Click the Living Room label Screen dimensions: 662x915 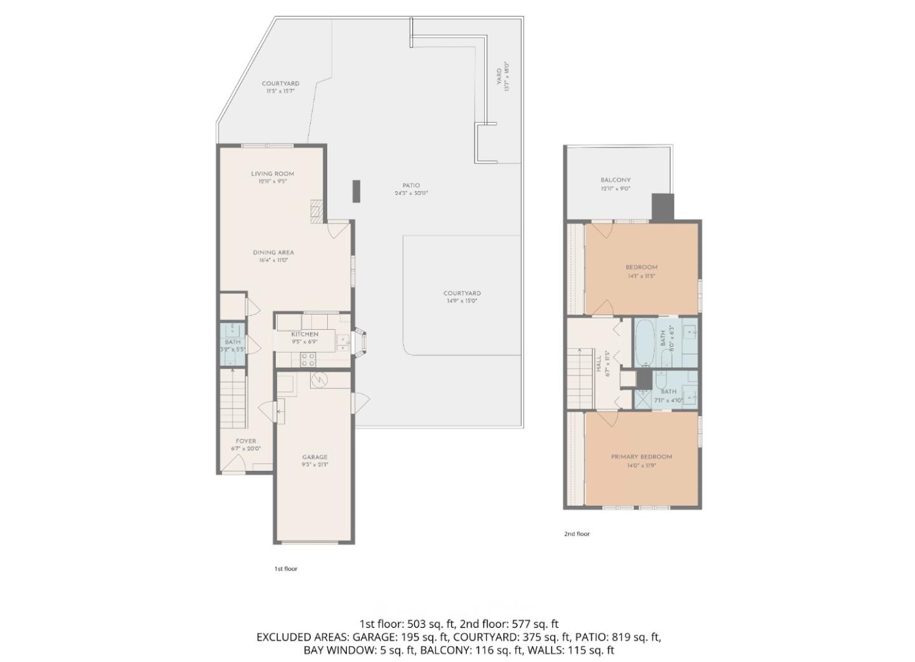(272, 173)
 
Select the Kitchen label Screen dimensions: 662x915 (305, 334)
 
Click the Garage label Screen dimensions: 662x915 (315, 457)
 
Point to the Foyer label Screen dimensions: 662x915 (246, 441)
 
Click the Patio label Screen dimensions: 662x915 (411, 186)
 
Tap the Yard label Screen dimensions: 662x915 (499, 77)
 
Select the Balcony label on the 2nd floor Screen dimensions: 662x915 (615, 180)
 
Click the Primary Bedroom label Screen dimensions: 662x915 (641, 457)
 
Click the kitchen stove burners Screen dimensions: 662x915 (308, 360)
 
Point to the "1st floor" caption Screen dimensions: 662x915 (285, 569)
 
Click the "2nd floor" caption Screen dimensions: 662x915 (576, 534)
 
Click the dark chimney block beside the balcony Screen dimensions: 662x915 (662, 208)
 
